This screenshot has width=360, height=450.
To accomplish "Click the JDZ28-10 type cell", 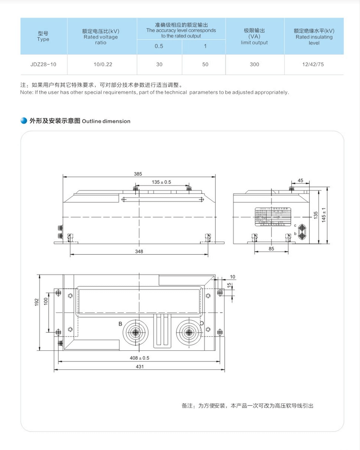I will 43,64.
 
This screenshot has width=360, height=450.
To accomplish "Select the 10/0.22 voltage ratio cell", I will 103,64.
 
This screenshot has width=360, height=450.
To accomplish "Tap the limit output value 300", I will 254,64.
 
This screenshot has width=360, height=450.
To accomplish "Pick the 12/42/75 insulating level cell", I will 313,64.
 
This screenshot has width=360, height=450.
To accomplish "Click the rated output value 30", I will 159,64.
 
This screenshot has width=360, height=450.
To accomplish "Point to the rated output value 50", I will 205,64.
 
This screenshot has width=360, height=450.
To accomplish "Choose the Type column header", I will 43,36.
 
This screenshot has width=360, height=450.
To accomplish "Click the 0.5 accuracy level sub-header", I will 159,46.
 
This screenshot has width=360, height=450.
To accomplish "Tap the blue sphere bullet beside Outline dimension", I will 24,121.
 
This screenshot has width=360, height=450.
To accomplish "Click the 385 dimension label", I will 138,174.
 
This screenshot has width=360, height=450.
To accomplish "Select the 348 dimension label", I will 139,251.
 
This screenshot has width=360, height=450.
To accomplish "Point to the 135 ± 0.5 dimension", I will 161,182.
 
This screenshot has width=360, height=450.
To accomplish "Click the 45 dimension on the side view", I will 300,181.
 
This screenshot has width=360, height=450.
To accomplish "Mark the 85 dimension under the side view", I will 271,249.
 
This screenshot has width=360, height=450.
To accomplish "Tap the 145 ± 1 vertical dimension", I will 324,215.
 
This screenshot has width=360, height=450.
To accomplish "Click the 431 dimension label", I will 140,367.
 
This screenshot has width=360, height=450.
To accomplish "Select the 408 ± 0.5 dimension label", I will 139,358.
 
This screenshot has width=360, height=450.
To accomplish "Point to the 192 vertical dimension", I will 37,302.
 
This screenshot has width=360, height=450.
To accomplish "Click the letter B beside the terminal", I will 120,324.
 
